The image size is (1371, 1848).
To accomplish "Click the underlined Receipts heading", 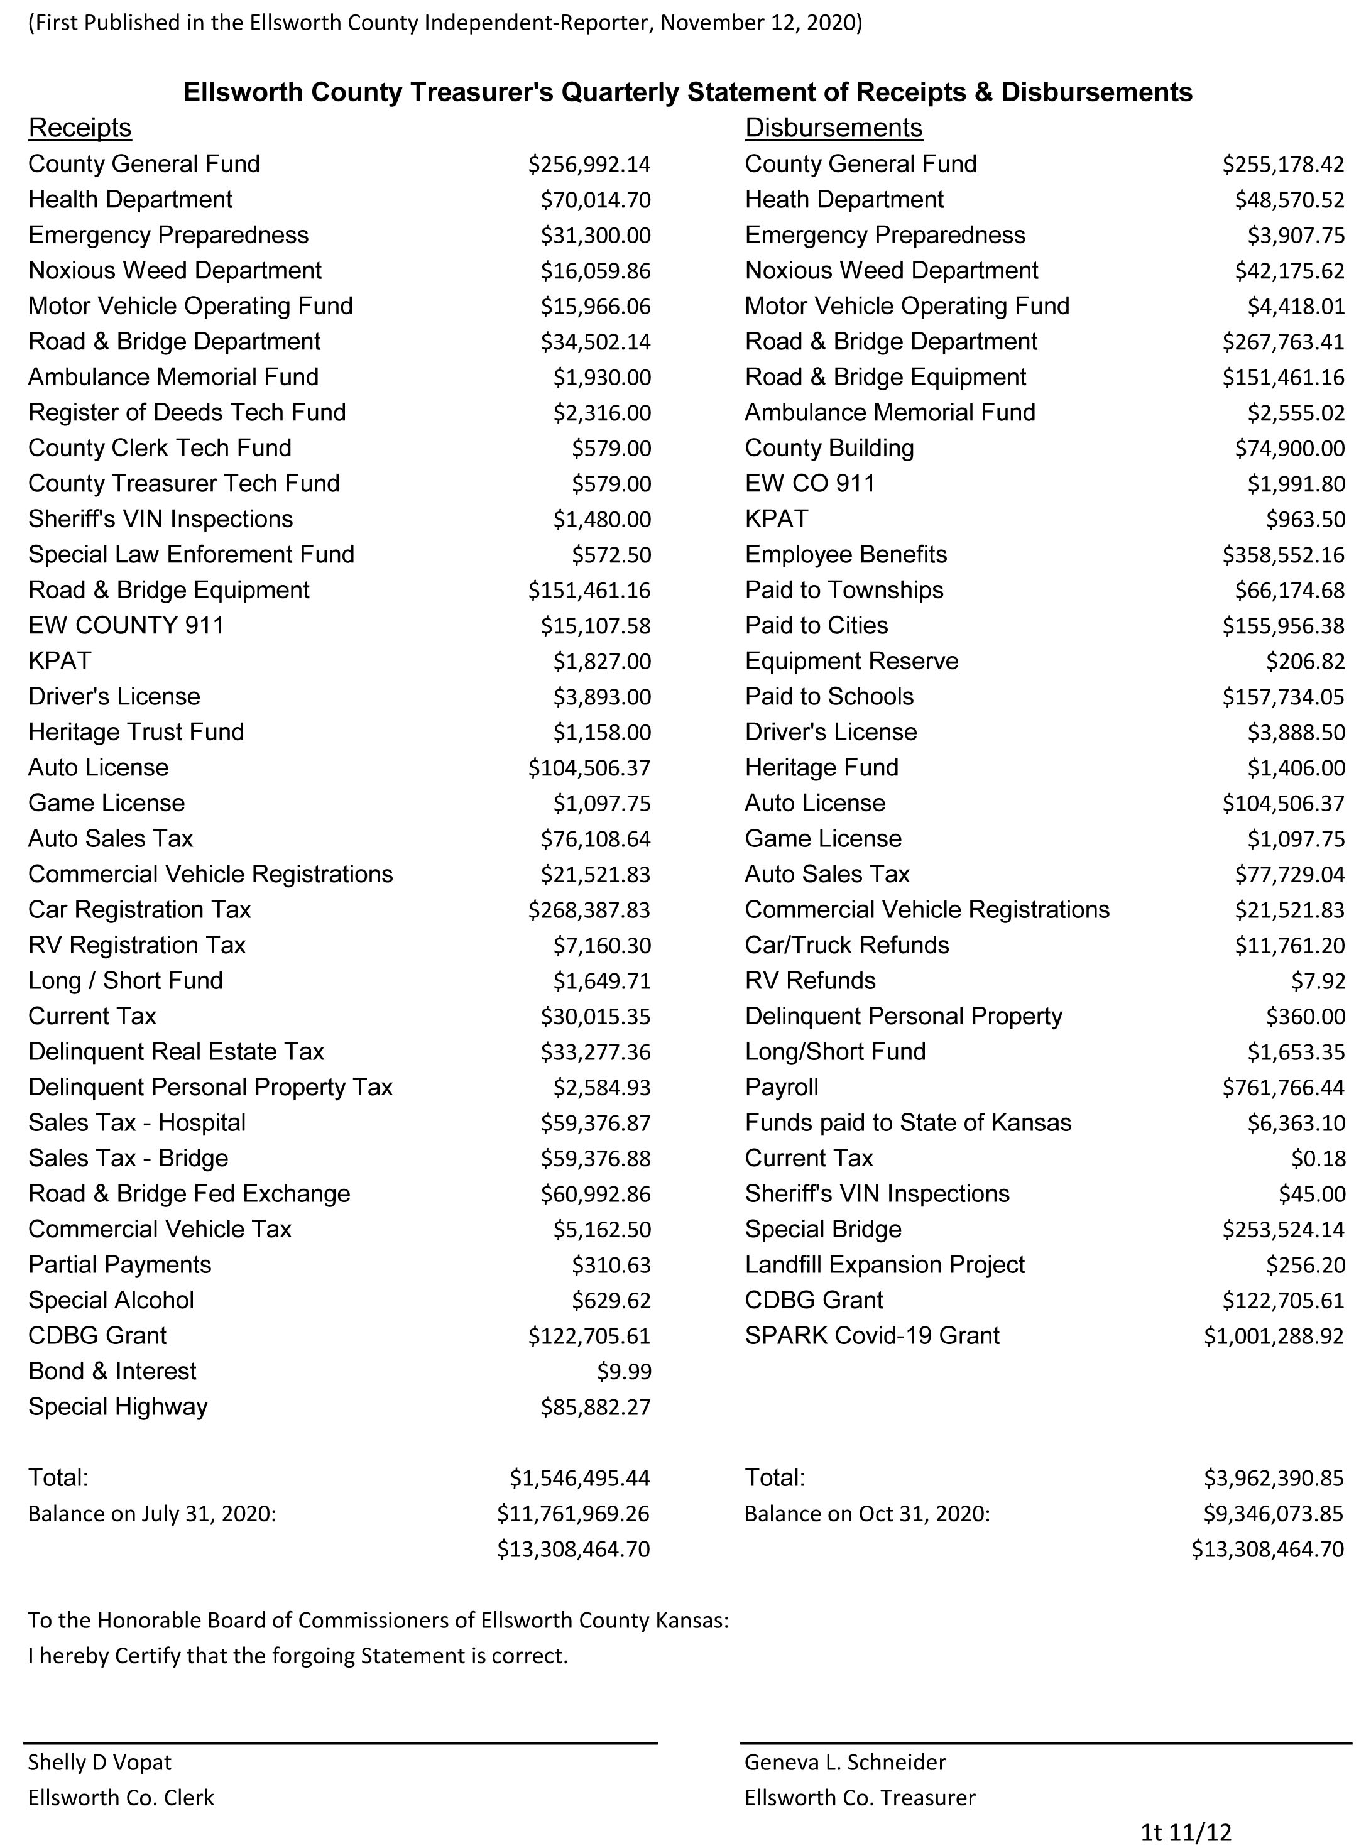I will click(80, 128).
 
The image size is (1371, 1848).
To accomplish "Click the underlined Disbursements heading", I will click(833, 128).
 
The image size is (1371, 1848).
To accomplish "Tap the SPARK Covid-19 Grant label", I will click(871, 1336).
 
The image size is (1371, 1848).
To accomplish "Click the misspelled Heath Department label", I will click(844, 200).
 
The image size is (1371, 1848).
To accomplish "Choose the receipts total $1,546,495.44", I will click(579, 1478).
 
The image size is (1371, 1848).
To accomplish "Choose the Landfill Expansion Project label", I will click(885, 1266).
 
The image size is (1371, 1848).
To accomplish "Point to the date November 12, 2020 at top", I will click(760, 23).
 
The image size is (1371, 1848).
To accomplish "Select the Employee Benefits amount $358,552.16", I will click(1282, 555).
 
